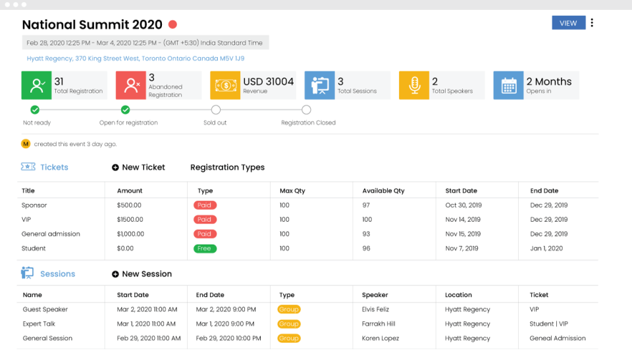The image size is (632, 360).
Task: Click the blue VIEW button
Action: tap(568, 23)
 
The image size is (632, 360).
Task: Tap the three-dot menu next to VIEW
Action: tap(592, 23)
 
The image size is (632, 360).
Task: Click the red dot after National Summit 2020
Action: tap(172, 25)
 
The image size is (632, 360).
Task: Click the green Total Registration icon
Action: tap(36, 86)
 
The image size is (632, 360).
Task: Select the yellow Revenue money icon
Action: tap(225, 86)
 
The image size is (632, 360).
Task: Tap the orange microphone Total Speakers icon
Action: tap(414, 86)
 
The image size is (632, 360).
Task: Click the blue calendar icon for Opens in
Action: tap(508, 86)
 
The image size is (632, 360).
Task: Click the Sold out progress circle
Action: tap(216, 110)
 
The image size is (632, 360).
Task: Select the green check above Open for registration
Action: tap(125, 110)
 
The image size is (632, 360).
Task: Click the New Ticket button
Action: tap(138, 167)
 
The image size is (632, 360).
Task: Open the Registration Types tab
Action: tap(227, 167)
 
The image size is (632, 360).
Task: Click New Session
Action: tap(142, 274)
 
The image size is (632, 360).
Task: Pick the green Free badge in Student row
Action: tap(205, 249)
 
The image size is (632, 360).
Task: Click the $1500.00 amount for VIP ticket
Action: tap(130, 220)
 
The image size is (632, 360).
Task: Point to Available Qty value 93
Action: tap(367, 234)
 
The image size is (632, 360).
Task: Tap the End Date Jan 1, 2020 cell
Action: tap(546, 249)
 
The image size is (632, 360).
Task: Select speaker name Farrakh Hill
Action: tap(379, 324)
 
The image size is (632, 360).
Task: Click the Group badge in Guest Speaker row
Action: tap(288, 309)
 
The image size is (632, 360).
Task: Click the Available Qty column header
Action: tap(383, 191)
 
